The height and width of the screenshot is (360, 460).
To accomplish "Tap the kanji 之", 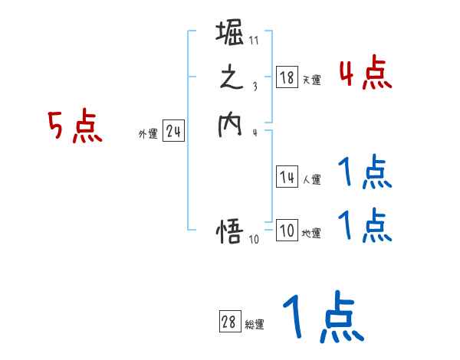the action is (231, 80).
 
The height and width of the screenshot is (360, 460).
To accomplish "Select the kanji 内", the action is (231, 124).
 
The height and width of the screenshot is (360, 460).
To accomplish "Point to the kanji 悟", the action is (231, 231).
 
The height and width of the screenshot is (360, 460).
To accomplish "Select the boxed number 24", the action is (173, 133).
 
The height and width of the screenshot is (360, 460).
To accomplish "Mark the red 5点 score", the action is (74, 127).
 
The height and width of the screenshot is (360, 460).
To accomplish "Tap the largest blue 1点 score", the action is (322, 317).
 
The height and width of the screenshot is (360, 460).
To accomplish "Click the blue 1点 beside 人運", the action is (365, 174).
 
